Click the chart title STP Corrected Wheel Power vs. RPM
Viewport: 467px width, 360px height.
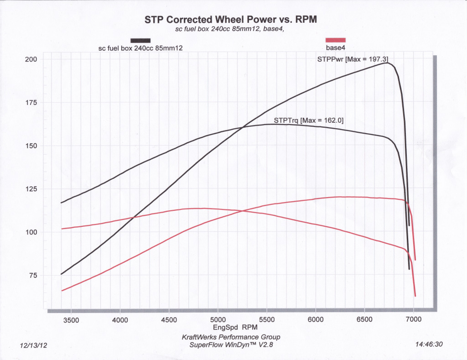pos(230,20)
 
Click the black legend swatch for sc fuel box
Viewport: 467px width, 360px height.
pos(140,41)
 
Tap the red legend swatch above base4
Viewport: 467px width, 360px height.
pos(336,40)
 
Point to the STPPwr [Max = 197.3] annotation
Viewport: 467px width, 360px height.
pos(353,59)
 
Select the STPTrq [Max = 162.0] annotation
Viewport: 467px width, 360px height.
pos(308,120)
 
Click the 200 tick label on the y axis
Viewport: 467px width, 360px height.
pos(31,60)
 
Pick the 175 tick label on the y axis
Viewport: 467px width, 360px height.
pos(31,103)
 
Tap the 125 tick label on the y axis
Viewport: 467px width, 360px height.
pos(31,189)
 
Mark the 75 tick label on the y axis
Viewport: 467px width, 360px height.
pos(33,275)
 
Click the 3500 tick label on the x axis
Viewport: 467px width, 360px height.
pos(71,320)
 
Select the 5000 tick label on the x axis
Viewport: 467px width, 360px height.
pos(218,320)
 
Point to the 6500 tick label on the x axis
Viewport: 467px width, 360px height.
pos(365,320)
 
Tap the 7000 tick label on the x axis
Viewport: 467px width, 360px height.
pos(414,320)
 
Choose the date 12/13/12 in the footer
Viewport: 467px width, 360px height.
pos(34,345)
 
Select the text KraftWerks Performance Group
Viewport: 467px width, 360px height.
pos(231,337)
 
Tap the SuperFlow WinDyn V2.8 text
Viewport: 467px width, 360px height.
pos(231,344)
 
